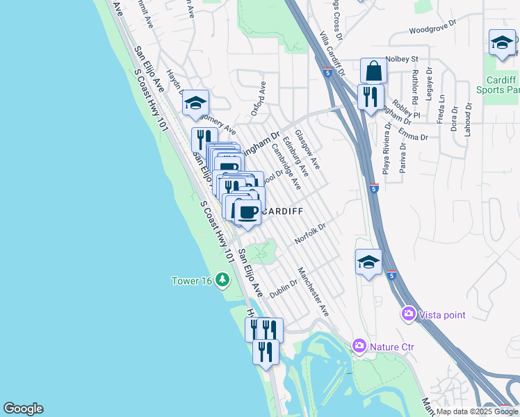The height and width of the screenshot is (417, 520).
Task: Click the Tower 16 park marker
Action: [x=222, y=280]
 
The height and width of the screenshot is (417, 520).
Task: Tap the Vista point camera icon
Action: [x=408, y=315]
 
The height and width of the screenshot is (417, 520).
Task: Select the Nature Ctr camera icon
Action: [x=359, y=345]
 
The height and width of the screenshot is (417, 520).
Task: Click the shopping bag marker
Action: [x=373, y=71]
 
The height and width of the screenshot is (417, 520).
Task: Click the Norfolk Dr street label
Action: [x=310, y=234]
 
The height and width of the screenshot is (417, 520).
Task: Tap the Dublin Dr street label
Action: [x=284, y=287]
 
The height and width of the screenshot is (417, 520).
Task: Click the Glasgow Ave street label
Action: [x=307, y=149]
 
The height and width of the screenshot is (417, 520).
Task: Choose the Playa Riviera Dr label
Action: [x=386, y=149]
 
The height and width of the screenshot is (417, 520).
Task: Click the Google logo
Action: [x=23, y=409]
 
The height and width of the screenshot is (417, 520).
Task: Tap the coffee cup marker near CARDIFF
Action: [x=247, y=211]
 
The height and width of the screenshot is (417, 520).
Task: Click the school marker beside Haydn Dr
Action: [x=196, y=104]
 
